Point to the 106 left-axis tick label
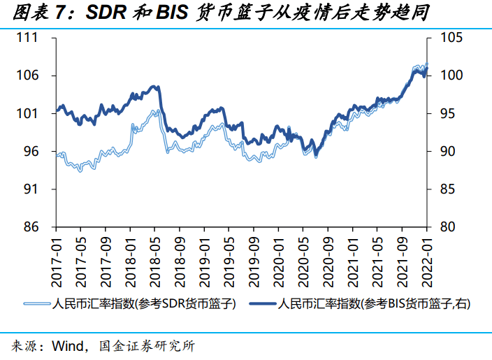[x=27, y=75]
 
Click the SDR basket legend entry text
[x=144, y=304]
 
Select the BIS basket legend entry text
[x=370, y=304]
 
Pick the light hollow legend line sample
[x=36, y=304]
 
